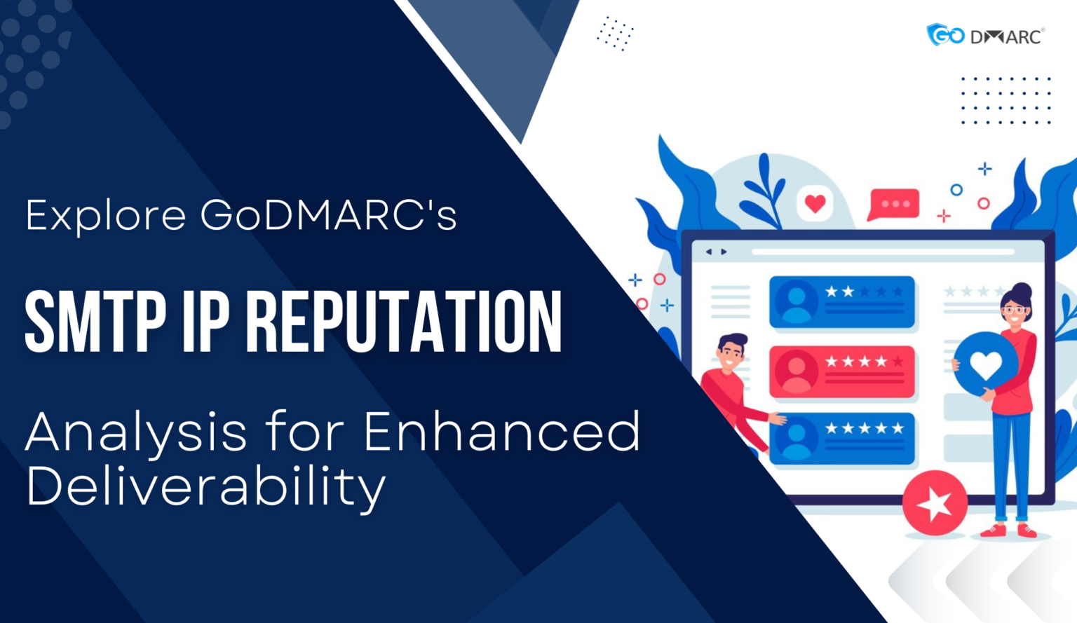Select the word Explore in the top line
click(x=106, y=215)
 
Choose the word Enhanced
click(x=501, y=432)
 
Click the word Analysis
click(x=136, y=433)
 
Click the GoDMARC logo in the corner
click(x=985, y=34)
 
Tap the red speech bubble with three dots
click(x=893, y=204)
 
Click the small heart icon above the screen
click(x=815, y=204)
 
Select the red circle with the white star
click(x=935, y=502)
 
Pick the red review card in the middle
click(x=842, y=371)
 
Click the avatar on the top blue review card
click(x=797, y=302)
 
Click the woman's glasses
click(x=1014, y=310)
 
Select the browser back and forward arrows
click(x=715, y=252)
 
